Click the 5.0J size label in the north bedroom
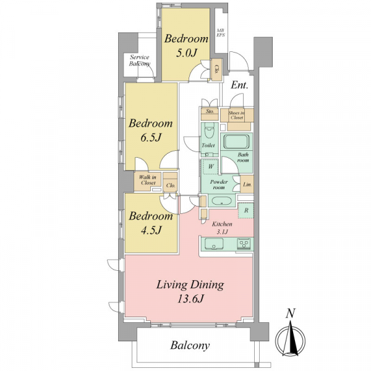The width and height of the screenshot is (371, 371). click(186, 53)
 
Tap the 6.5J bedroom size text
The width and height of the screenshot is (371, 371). click(151, 137)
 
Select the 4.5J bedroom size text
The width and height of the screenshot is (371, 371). click(151, 230)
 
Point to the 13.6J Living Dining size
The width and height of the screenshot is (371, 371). click(190, 299)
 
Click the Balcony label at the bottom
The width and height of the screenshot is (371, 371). click(190, 346)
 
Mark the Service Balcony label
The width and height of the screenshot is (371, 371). click(140, 61)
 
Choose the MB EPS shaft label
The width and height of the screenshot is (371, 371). click(221, 33)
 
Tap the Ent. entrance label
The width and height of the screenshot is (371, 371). click(239, 85)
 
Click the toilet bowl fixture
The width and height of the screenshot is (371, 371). click(209, 131)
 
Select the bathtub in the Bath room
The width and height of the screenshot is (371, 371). click(237, 142)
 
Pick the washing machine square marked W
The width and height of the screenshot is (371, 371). click(211, 166)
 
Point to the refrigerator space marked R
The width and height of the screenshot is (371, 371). click(246, 210)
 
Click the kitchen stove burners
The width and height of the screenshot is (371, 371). click(244, 244)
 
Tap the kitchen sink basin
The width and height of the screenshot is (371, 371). click(214, 244)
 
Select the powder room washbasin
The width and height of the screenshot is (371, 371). click(222, 201)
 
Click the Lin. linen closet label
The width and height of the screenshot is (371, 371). click(247, 184)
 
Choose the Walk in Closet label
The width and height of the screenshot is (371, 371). click(148, 180)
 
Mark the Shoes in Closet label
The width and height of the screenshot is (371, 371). click(237, 115)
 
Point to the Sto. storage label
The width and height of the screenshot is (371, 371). click(210, 111)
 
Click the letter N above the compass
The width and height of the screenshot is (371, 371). click(291, 313)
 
